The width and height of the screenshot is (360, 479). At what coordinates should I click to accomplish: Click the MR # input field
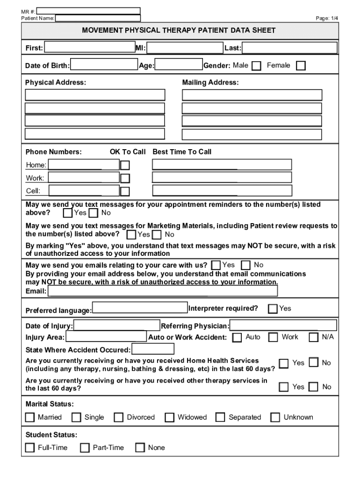tap(88, 11)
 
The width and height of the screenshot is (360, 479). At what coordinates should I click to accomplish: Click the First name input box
tap(89, 48)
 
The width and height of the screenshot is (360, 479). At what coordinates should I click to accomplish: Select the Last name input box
tap(289, 48)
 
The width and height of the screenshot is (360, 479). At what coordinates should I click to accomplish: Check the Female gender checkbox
tap(301, 66)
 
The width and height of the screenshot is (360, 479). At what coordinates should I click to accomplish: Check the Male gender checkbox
tap(256, 66)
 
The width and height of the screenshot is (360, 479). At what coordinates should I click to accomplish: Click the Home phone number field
tap(84, 165)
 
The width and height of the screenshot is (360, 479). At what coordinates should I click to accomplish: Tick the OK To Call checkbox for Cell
tap(125, 191)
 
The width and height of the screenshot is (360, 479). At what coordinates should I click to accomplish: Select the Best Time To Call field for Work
tap(222, 178)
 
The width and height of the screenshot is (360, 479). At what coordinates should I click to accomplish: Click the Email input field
tap(163, 291)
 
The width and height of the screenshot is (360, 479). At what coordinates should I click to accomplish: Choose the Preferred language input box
tap(140, 308)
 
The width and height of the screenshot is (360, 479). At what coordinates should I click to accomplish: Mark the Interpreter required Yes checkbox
tap(273, 309)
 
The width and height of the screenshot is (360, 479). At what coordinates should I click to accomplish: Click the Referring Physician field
tap(283, 326)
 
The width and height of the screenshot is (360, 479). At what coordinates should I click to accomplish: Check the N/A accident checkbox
tap(314, 337)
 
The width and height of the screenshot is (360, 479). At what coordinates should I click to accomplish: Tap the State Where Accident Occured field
tap(153, 349)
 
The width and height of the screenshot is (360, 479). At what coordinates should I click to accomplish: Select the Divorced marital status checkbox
tap(119, 417)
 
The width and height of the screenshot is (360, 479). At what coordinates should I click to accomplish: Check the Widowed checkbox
tap(170, 417)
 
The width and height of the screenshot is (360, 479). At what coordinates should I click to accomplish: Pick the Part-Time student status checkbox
tap(85, 448)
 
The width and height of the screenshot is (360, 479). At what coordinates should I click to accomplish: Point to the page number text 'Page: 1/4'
tap(327, 18)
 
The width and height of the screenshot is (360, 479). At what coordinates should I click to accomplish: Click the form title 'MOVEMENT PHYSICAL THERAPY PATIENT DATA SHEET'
tap(179, 30)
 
